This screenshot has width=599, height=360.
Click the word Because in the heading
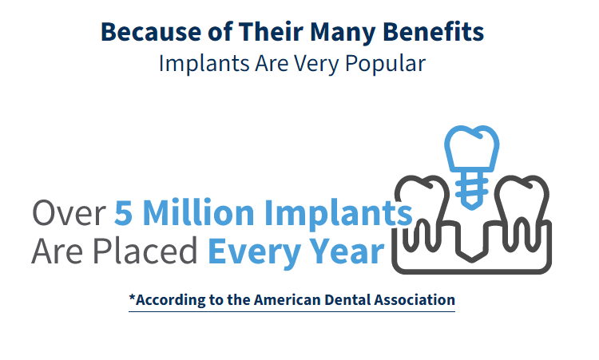click(151, 32)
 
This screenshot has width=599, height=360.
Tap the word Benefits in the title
click(433, 32)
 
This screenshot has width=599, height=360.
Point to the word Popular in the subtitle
click(385, 64)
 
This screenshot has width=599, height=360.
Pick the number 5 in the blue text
click(123, 212)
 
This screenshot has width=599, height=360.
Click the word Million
click(198, 212)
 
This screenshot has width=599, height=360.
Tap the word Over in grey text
click(69, 213)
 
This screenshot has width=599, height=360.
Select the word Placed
click(145, 251)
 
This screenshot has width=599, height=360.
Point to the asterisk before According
click(132, 297)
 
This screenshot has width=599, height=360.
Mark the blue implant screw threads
click(472, 190)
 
